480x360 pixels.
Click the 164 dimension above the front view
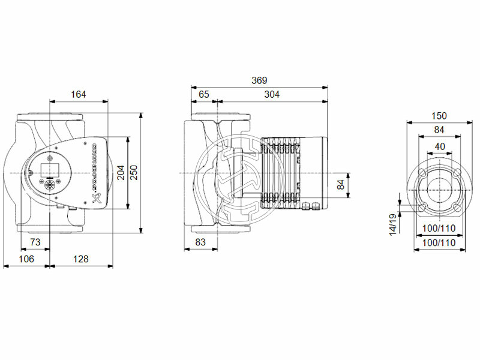pyautogui.click(x=79, y=94)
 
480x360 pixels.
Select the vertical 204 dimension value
pyautogui.click(x=121, y=173)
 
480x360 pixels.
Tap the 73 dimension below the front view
pyautogui.click(x=35, y=242)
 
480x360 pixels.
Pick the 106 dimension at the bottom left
pyautogui.click(x=26, y=259)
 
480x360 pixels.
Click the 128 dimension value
pyautogui.click(x=80, y=259)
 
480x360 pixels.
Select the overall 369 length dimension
pyautogui.click(x=259, y=80)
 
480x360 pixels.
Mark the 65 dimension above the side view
pyautogui.click(x=204, y=94)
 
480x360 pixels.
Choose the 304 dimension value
pyautogui.click(x=272, y=94)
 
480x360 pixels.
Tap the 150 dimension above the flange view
pyautogui.click(x=439, y=116)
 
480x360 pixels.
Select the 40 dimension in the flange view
pyautogui.click(x=439, y=146)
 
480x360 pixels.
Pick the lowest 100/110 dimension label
pyautogui.click(x=439, y=242)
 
